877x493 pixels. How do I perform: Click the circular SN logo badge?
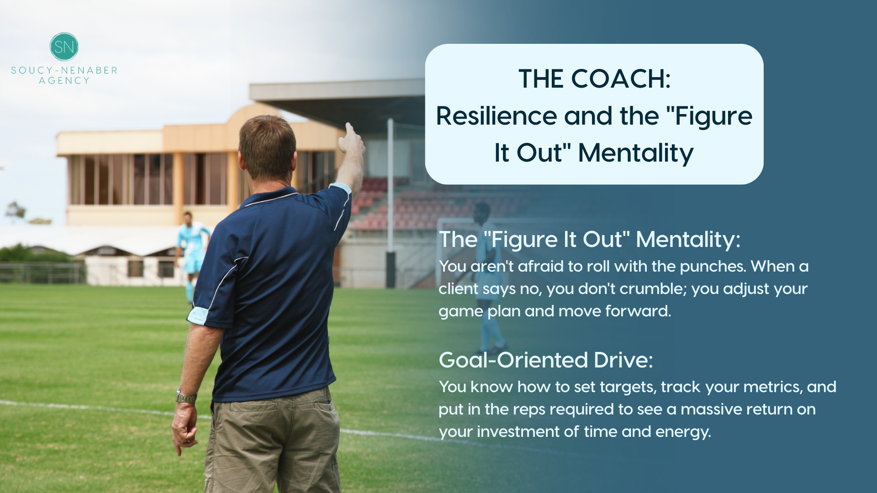point(64,47)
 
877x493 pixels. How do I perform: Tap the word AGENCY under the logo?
point(64,81)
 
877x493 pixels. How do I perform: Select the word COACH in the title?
point(621,79)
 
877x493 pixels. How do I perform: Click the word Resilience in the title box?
point(496,116)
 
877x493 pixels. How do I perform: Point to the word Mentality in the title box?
point(636,153)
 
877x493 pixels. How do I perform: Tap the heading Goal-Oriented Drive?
point(546,360)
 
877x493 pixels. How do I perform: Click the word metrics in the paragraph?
point(772,387)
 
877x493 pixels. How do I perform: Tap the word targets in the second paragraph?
point(628,388)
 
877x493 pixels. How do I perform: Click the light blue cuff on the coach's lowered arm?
point(198,315)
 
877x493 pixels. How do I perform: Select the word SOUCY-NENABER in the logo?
point(64,70)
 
